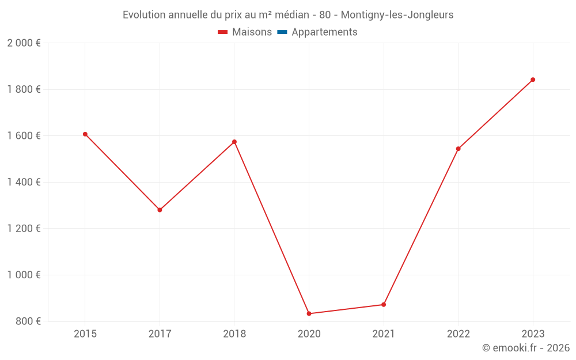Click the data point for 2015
(x=85, y=134)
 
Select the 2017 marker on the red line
(x=160, y=210)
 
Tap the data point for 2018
(x=234, y=142)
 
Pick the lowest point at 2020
(x=309, y=313)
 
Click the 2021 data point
(x=384, y=304)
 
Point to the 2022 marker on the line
(x=458, y=149)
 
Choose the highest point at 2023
(x=533, y=79)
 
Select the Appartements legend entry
(x=324, y=32)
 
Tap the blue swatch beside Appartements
(x=282, y=32)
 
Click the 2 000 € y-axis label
(x=24, y=43)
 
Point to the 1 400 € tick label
(x=24, y=182)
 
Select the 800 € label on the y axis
(x=27, y=321)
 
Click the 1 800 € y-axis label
(x=24, y=89)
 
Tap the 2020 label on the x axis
(x=309, y=334)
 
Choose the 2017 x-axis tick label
(x=160, y=334)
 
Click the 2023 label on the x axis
(x=533, y=334)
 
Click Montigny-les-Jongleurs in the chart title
(x=397, y=15)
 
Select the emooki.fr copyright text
(x=526, y=348)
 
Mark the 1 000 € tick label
(x=24, y=275)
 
